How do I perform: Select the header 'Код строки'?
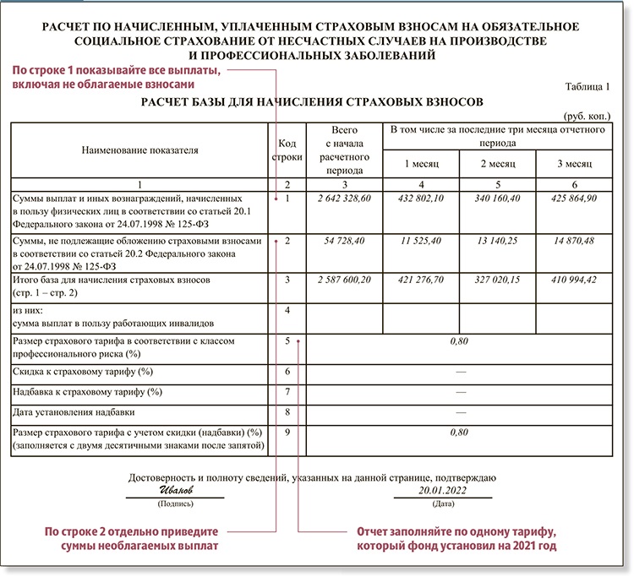[287, 150]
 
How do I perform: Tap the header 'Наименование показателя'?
[139, 150]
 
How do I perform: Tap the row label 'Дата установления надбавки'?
[72, 412]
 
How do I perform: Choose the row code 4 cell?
[287, 311]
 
